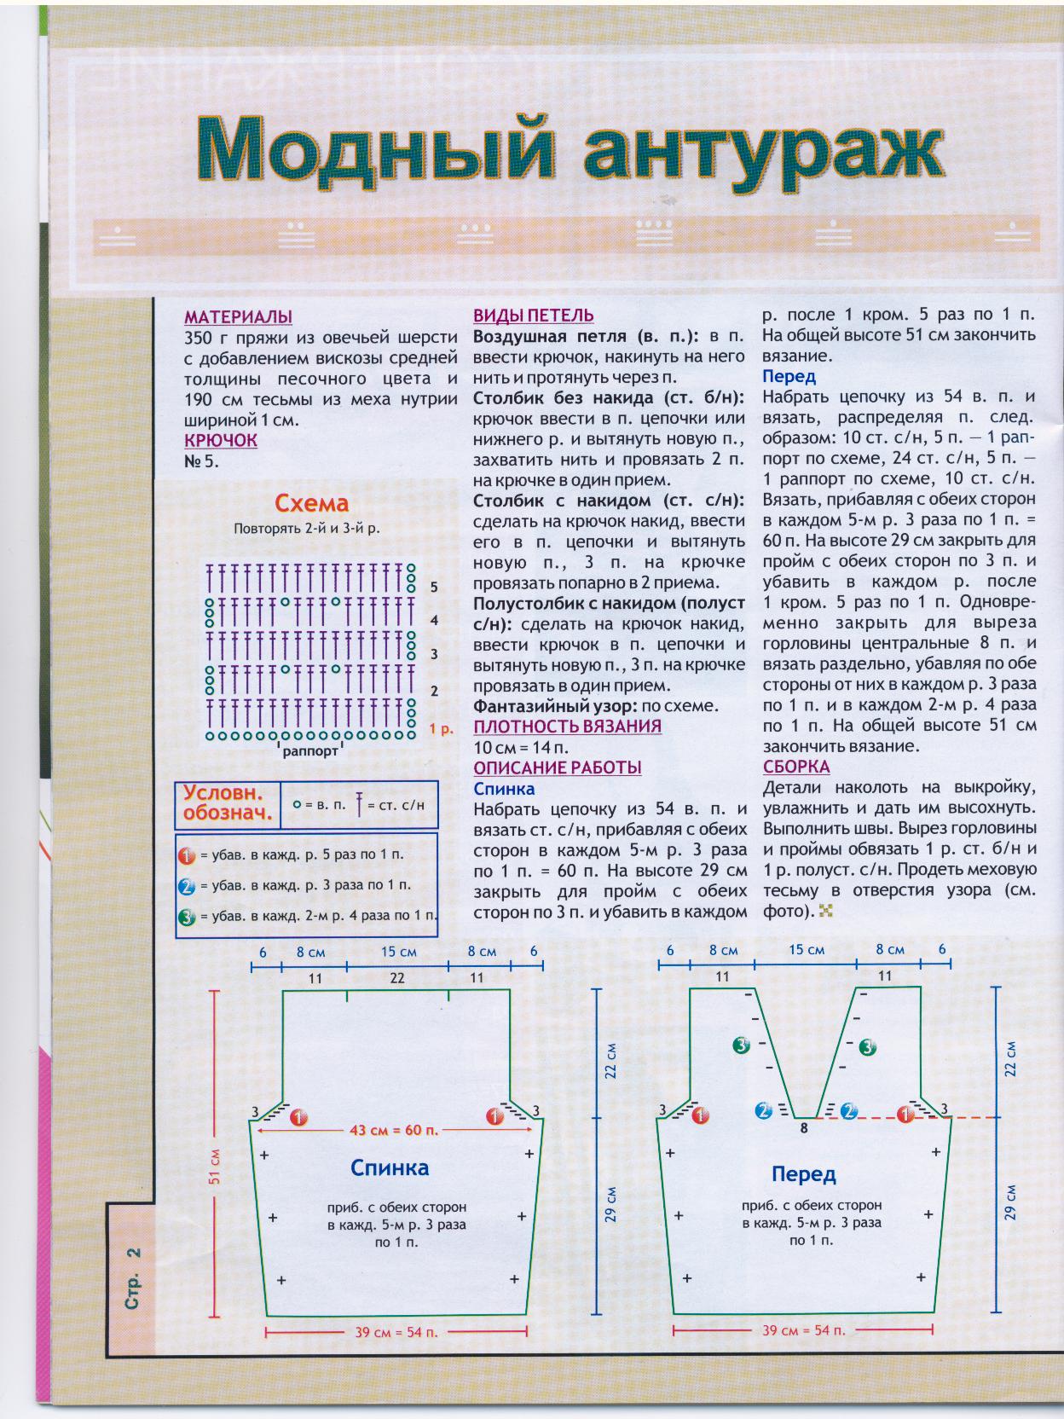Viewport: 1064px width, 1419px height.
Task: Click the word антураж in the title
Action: [762, 151]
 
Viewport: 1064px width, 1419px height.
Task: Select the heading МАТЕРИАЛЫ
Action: [238, 316]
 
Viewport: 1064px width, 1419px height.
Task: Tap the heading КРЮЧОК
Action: [220, 440]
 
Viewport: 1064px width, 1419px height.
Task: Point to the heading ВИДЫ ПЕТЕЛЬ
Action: [534, 316]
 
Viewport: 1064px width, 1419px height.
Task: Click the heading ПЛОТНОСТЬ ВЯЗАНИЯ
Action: [567, 726]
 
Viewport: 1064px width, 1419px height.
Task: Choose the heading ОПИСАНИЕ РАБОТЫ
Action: [558, 767]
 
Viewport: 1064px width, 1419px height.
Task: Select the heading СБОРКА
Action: [796, 767]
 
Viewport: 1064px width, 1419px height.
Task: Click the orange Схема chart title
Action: [311, 503]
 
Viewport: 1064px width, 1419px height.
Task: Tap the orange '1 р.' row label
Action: [441, 728]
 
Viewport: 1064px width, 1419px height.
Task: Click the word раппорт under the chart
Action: [310, 751]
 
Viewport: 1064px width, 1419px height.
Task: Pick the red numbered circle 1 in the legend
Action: [187, 854]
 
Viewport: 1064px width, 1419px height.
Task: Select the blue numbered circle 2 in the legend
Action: [187, 886]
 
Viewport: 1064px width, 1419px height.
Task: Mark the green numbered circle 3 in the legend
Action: [187, 918]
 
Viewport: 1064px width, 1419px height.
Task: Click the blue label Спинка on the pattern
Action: [390, 1167]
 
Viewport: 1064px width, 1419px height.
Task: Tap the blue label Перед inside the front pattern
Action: [803, 1174]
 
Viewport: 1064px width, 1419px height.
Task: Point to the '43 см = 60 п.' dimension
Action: [394, 1130]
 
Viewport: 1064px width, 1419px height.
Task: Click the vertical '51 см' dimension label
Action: [215, 1166]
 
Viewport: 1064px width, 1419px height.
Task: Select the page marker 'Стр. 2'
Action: [132, 1279]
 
